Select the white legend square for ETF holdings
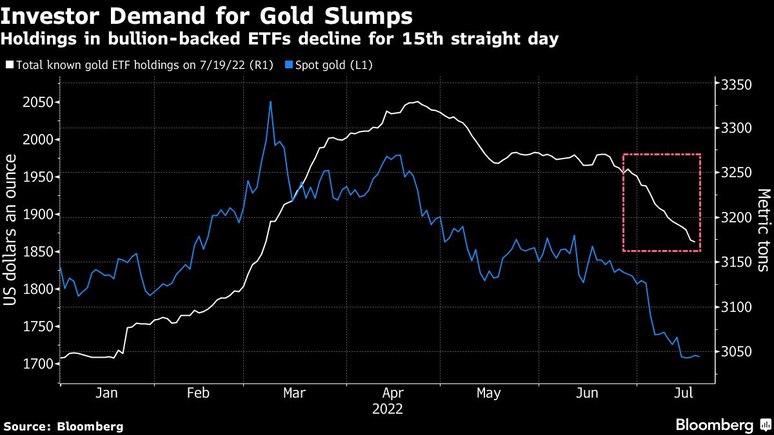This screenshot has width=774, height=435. [8, 65]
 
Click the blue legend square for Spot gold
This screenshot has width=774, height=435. [290, 65]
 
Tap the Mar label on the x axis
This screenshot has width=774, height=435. [294, 393]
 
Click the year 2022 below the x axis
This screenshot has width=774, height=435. [387, 409]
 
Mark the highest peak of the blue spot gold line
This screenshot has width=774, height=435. [270, 102]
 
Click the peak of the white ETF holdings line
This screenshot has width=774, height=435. [418, 102]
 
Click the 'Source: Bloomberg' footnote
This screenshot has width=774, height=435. [63, 426]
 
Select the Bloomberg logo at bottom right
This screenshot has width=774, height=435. [722, 425]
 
